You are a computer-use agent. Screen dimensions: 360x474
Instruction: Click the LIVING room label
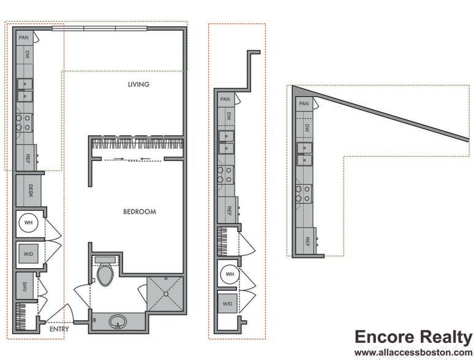138,84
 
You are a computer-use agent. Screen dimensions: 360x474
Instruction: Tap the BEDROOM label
140,212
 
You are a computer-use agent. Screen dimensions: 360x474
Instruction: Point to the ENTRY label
59,329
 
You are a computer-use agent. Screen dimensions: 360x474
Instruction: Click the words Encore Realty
413,337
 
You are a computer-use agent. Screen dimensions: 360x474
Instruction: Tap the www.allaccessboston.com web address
413,353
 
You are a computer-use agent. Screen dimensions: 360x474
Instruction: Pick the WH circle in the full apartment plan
29,223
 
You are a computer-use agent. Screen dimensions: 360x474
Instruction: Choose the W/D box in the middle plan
227,304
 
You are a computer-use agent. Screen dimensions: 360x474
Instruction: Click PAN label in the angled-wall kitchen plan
304,104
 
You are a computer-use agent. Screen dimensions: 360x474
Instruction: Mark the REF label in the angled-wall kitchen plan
307,241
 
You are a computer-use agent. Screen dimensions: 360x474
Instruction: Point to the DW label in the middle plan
228,116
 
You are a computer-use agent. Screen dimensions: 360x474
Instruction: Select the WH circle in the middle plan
229,274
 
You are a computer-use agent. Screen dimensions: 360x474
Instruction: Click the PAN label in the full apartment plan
24,37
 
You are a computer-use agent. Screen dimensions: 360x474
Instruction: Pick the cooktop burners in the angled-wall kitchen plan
303,194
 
